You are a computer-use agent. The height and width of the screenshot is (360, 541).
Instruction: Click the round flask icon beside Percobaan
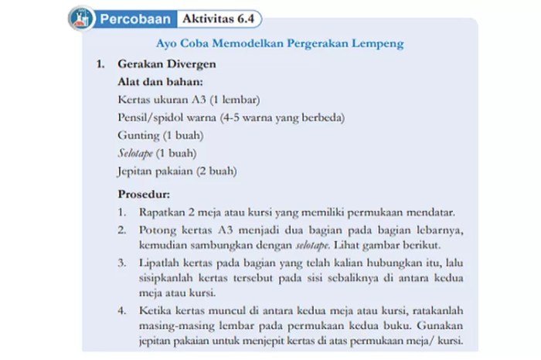tap(82, 17)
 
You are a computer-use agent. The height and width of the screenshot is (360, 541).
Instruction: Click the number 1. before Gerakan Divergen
tap(100, 65)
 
